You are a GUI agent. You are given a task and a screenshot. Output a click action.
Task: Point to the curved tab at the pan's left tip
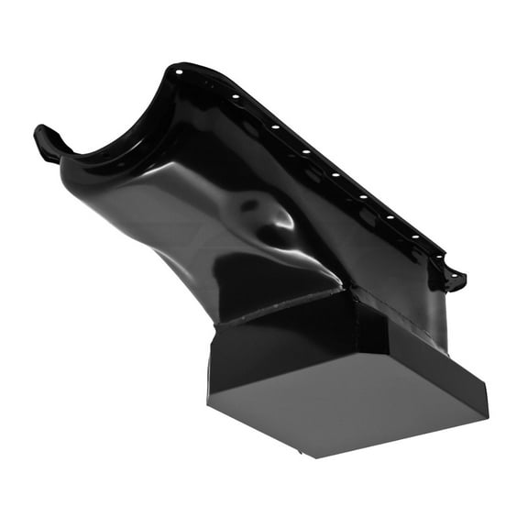tap(46, 142)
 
